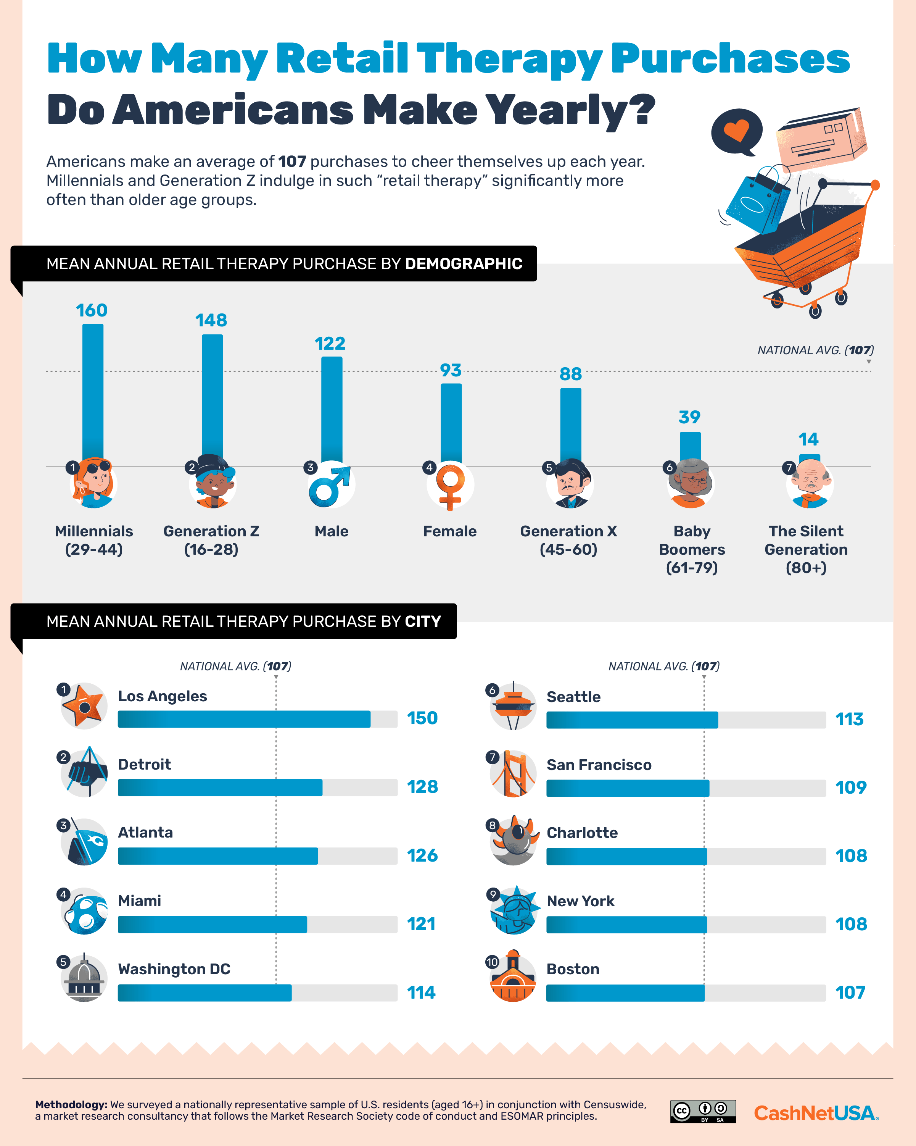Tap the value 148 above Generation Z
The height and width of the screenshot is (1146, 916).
pos(211,321)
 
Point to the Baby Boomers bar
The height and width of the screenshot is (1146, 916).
pos(690,447)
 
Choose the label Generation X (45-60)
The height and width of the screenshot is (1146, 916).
pos(568,540)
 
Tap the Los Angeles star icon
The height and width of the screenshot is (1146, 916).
pos(84,706)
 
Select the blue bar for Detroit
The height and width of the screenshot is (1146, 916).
pos(220,787)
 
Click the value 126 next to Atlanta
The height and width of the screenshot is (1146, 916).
pos(422,855)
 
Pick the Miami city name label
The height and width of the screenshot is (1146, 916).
pos(139,901)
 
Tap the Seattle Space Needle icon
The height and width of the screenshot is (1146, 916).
pos(513,706)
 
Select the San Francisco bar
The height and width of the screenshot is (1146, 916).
pos(628,788)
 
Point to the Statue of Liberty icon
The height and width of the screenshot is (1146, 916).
pos(513,910)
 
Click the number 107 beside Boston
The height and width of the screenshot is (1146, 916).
pos(850,993)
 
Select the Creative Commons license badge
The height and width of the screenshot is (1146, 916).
pos(703,1111)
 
